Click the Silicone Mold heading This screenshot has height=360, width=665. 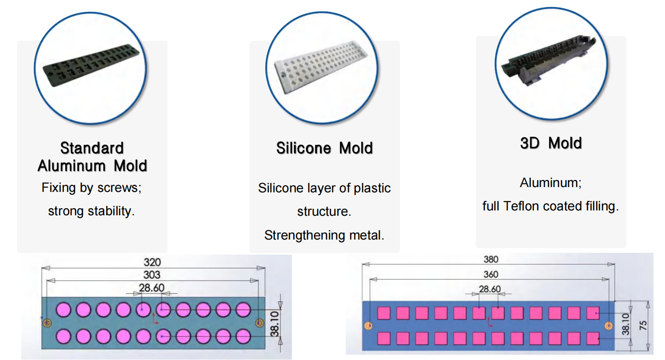pyautogui.click(x=325, y=148)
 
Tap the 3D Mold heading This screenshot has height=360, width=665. pyautogui.click(x=551, y=143)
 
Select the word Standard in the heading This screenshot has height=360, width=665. pyautogui.click(x=92, y=148)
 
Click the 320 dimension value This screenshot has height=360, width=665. pyautogui.click(x=152, y=262)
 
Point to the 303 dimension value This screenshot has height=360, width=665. pyautogui.click(x=152, y=275)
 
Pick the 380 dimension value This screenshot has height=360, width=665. pyautogui.click(x=491, y=259)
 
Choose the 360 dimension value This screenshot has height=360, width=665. pyautogui.click(x=491, y=274)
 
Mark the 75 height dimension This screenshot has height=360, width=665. pyautogui.click(x=643, y=325)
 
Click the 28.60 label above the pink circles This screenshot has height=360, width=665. pyautogui.click(x=152, y=288)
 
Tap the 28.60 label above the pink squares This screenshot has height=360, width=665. pyautogui.click(x=490, y=289)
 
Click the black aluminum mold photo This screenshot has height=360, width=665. pyautogui.click(x=91, y=65)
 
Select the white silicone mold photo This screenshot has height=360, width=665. pyautogui.click(x=321, y=67)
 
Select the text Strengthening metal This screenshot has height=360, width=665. pyautogui.click(x=324, y=235)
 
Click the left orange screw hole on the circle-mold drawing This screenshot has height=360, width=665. pyautogui.click(x=47, y=323)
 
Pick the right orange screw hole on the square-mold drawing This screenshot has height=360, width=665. pyautogui.click(x=609, y=326)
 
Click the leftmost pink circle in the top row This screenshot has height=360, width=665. pyautogui.click(x=64, y=310)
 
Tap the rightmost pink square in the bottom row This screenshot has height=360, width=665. pyautogui.click(x=593, y=338)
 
